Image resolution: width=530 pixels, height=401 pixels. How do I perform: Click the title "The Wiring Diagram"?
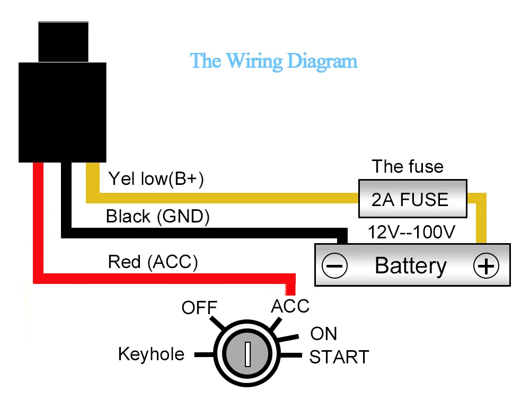tap(273, 61)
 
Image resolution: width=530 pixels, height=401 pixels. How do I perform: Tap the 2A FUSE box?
tap(413, 199)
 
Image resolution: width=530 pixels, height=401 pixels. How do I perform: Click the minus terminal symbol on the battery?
tap(334, 265)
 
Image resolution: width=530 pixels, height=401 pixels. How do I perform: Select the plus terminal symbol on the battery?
tap(486, 265)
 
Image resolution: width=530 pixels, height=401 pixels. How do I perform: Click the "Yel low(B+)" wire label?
tap(156, 179)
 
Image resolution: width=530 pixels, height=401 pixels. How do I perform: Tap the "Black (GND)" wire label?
tap(157, 216)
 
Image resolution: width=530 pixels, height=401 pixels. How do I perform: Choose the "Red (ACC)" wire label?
tap(153, 262)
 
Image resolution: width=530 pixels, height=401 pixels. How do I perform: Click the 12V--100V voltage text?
tap(411, 233)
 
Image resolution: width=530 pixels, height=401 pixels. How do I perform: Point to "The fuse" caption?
tap(408, 166)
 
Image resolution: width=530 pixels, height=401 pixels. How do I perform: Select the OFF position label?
tap(199, 308)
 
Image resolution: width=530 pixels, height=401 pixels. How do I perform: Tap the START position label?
tap(339, 357)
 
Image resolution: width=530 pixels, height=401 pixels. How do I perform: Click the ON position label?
tap(323, 334)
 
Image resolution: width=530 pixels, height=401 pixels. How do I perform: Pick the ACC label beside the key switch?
tap(290, 306)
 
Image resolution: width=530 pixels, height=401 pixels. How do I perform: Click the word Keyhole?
tap(151, 354)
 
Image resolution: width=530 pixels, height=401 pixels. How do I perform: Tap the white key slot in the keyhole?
tap(248, 354)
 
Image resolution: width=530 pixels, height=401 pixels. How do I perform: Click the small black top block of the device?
tap(63, 42)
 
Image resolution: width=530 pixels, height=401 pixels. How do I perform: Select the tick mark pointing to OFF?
tap(217, 323)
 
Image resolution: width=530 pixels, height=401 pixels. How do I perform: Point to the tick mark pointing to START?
tap(290, 355)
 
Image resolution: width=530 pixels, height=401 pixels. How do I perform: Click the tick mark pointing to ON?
tap(288, 337)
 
